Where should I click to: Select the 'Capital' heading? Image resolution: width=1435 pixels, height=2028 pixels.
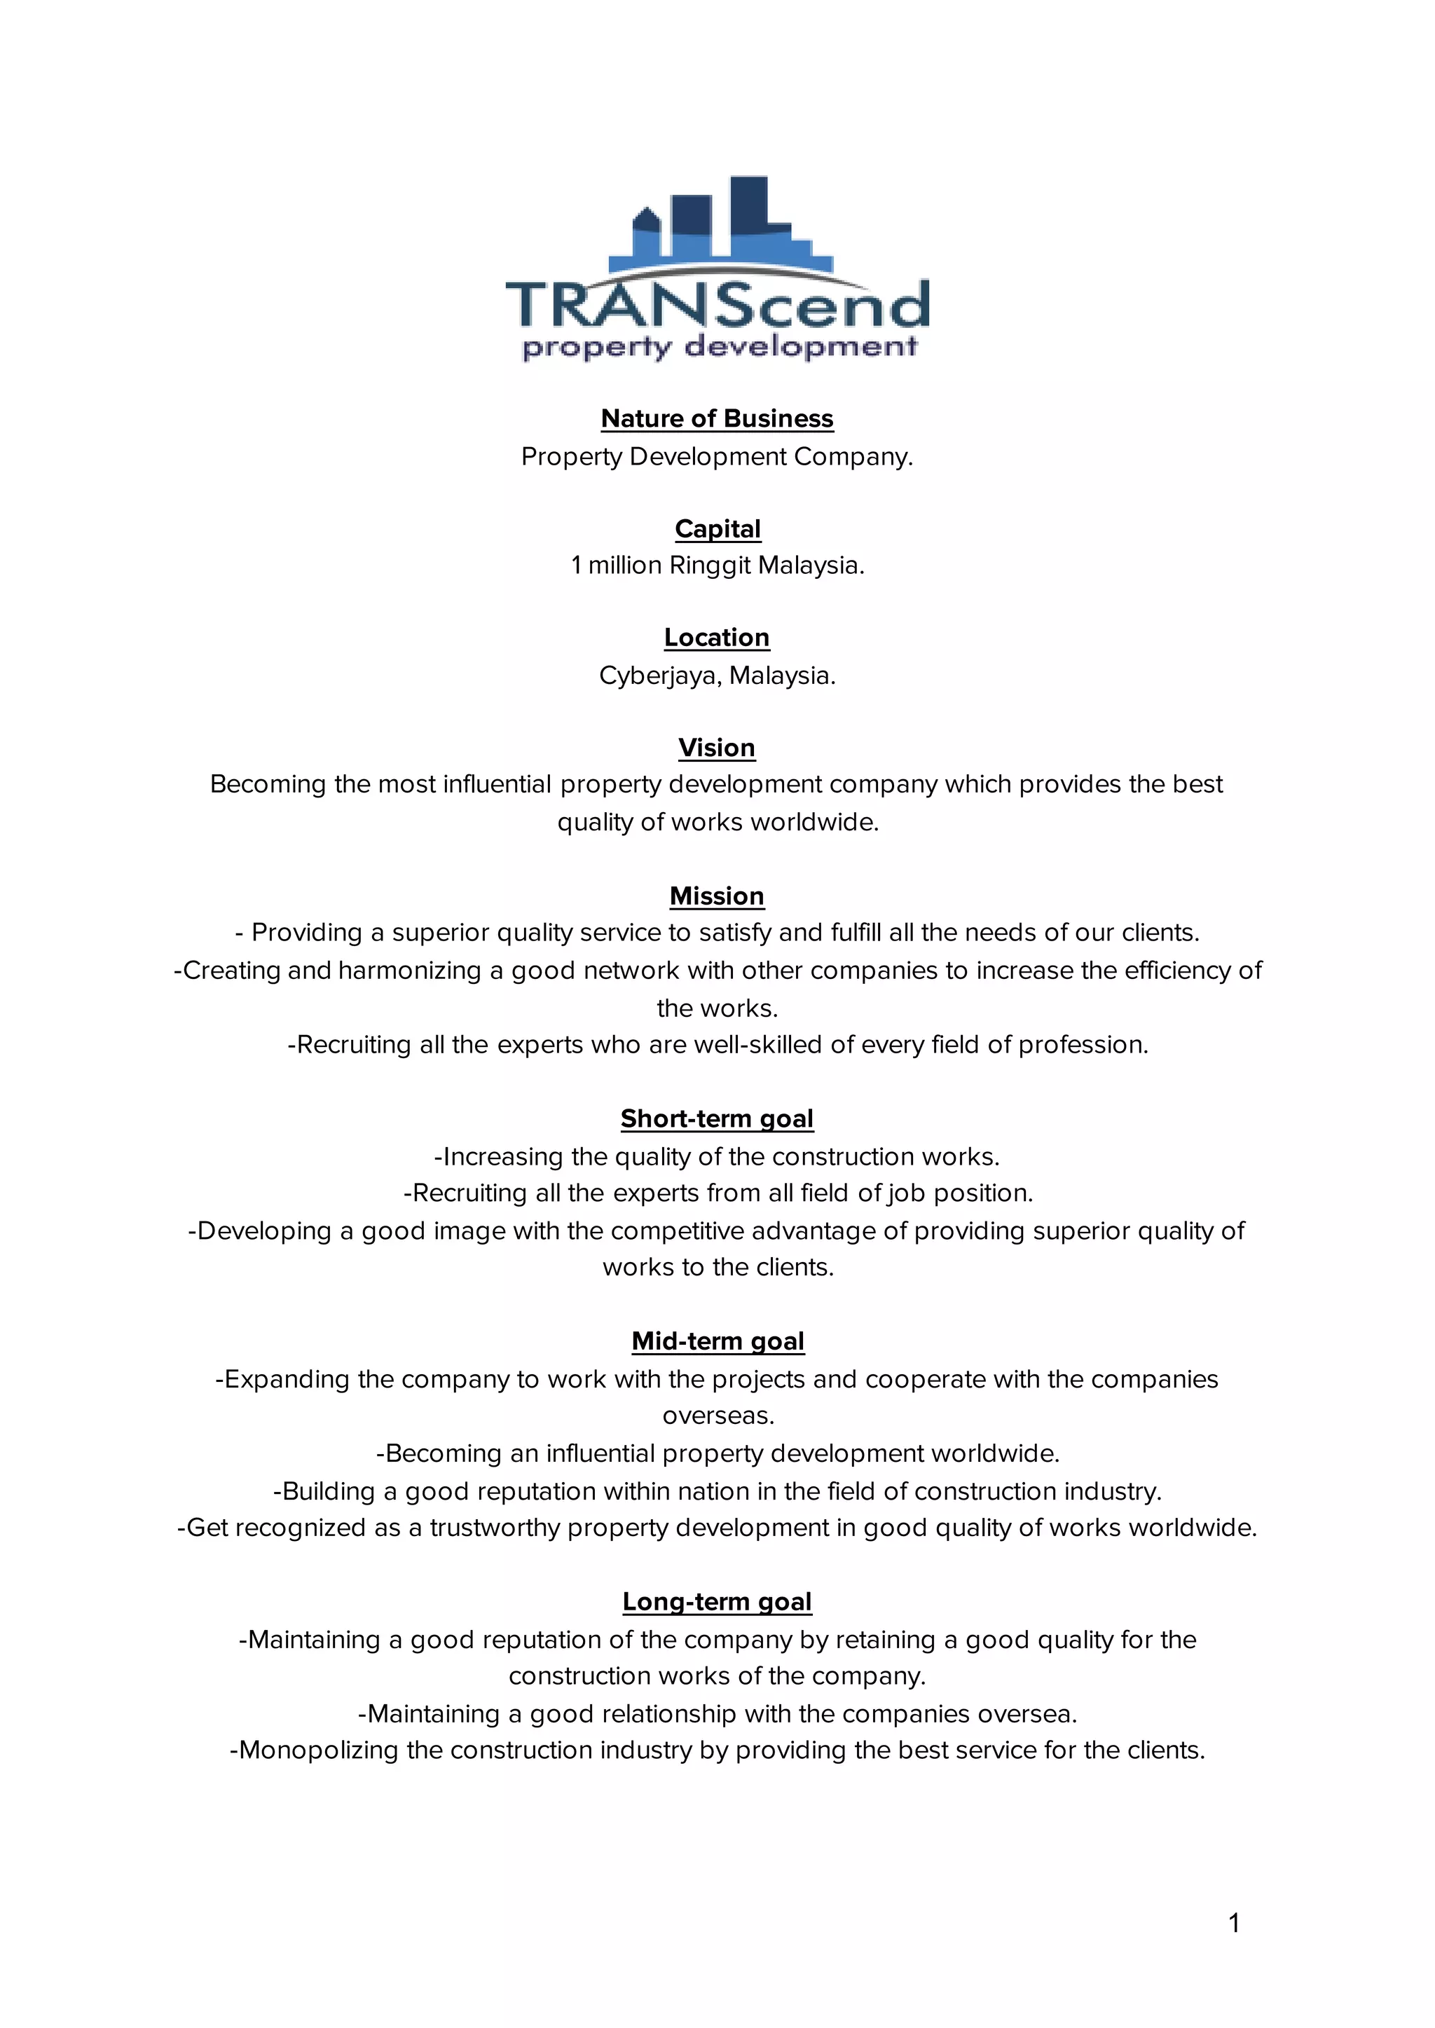pos(717,528)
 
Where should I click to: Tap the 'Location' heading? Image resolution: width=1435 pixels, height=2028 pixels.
pos(717,637)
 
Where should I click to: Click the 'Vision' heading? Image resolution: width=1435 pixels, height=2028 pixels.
pos(717,748)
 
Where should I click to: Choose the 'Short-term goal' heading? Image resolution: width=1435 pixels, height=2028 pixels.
pos(717,1118)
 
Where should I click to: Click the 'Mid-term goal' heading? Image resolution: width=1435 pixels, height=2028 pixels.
pos(717,1341)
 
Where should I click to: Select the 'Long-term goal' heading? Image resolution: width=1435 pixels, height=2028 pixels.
pos(717,1601)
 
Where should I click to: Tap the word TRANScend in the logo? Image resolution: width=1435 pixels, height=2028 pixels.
pos(717,305)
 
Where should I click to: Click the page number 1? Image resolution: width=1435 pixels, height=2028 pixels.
pos(1235,1922)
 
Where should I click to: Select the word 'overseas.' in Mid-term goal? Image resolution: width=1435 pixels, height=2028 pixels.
pos(717,1416)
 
